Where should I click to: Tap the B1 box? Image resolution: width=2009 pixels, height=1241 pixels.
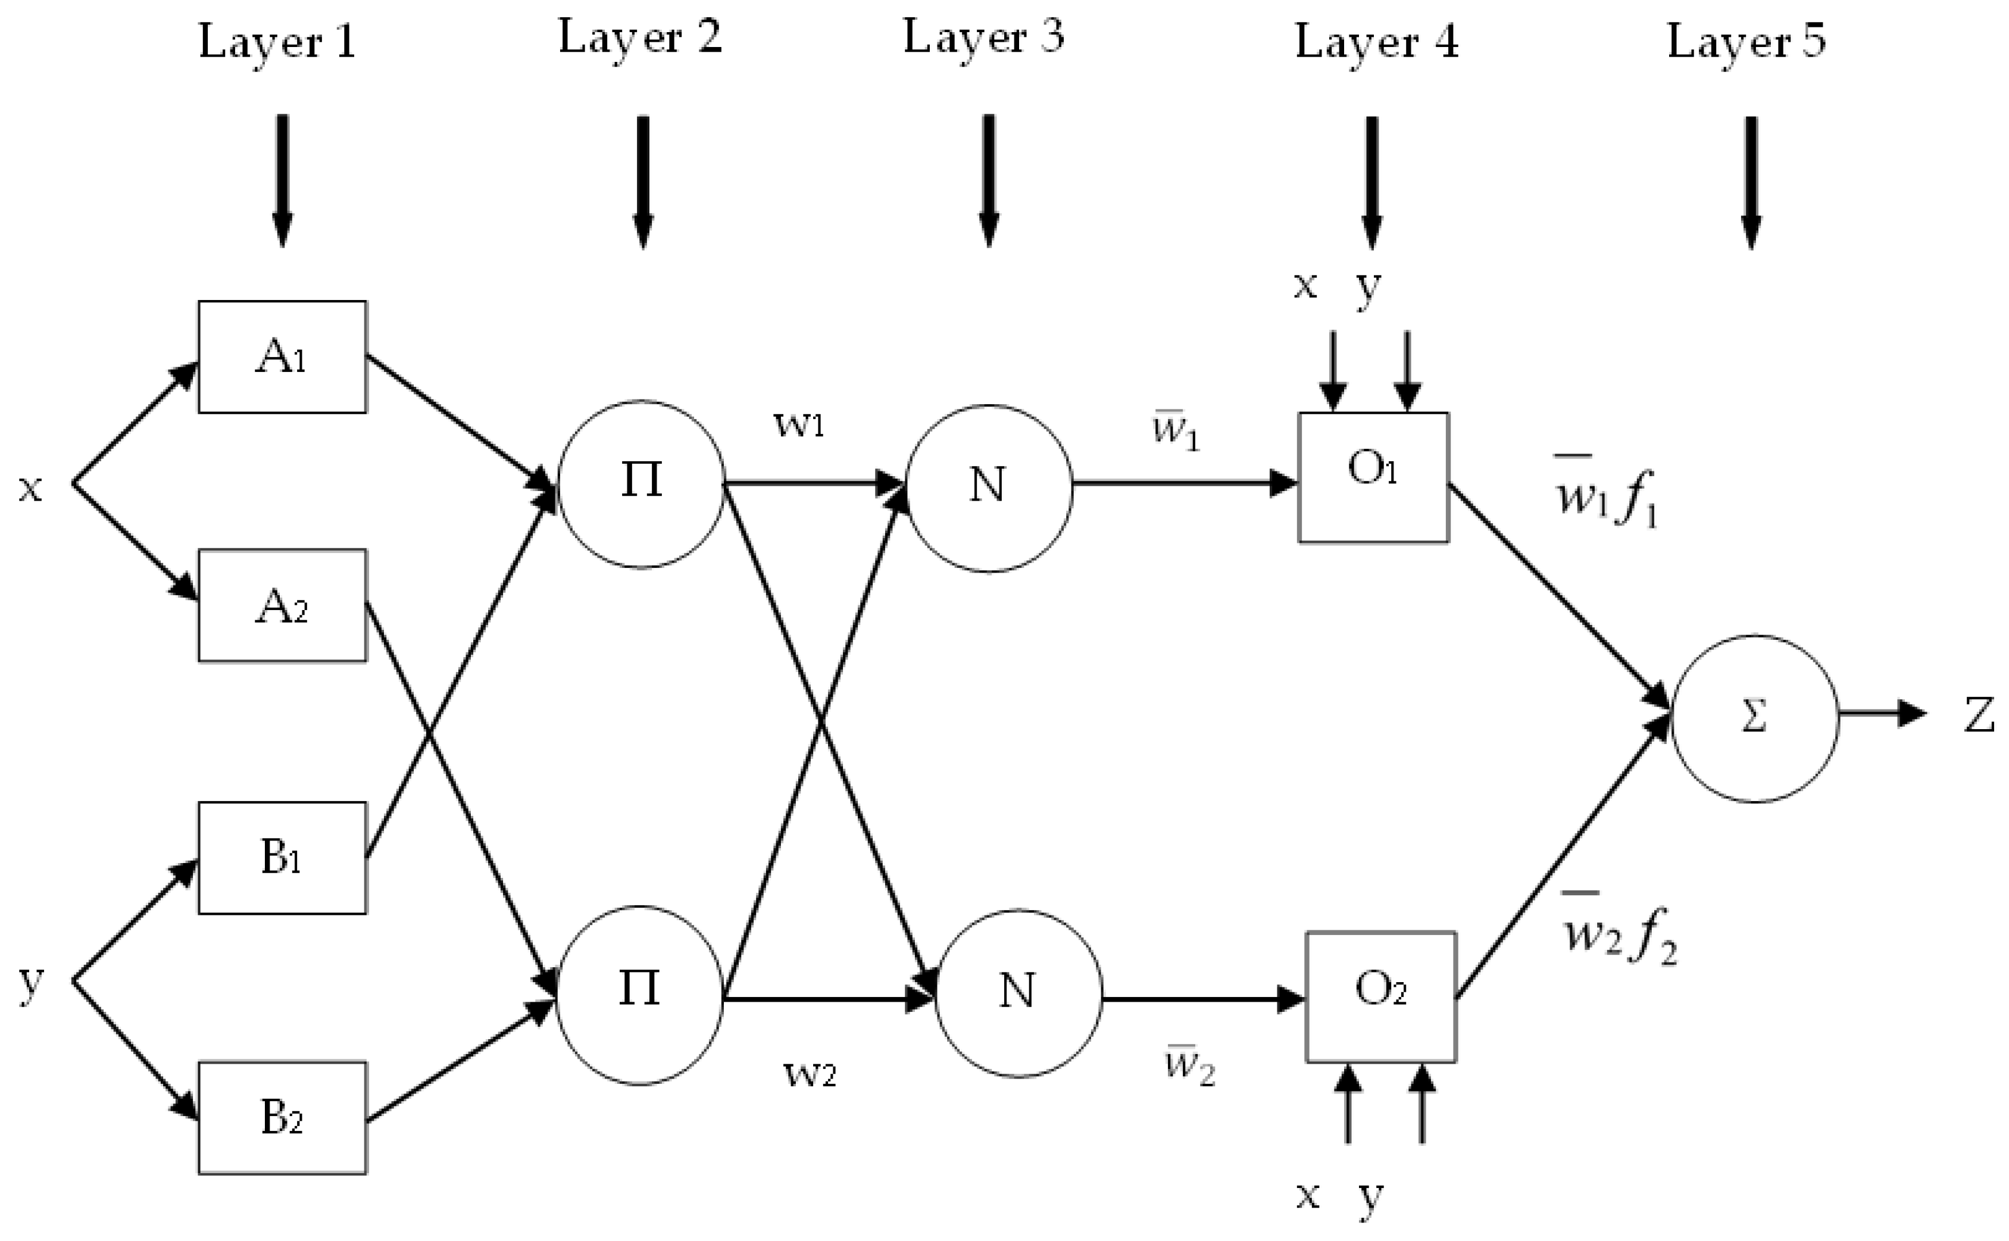click(282, 857)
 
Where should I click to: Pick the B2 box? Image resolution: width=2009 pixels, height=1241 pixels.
click(282, 1117)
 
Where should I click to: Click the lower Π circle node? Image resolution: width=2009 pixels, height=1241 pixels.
click(639, 994)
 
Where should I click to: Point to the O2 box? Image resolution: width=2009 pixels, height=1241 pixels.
click(1380, 996)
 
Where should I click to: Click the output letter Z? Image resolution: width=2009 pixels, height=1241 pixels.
click(1979, 715)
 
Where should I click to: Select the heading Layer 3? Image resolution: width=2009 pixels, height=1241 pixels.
click(983, 37)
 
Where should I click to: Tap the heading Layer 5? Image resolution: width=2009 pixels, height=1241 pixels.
click(1746, 41)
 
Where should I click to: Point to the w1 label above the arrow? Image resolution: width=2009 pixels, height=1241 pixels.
click(798, 424)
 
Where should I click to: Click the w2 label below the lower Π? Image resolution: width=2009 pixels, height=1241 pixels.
click(809, 1072)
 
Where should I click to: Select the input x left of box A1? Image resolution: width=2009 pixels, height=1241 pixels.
click(30, 487)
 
